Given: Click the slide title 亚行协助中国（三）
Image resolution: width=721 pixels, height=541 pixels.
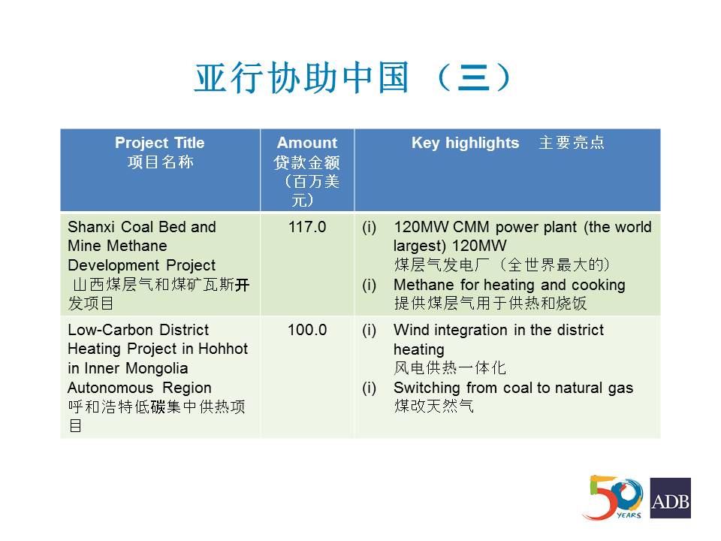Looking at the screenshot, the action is click(x=353, y=77).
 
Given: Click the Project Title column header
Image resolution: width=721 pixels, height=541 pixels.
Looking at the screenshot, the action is click(x=159, y=143).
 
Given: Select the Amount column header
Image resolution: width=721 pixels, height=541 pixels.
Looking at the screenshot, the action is click(x=307, y=143).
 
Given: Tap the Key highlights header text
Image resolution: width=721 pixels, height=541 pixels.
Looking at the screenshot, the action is click(x=466, y=143).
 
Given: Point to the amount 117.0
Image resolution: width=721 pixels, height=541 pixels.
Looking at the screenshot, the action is click(x=307, y=227).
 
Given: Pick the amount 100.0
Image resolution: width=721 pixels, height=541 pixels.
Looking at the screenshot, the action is click(x=307, y=330).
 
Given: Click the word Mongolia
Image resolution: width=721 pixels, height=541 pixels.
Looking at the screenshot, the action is click(x=157, y=368).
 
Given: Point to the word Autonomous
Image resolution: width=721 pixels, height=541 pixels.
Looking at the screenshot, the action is click(x=110, y=388).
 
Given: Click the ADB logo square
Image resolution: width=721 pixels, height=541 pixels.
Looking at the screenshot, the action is click(x=671, y=498).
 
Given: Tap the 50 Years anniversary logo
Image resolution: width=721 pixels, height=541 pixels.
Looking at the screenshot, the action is click(x=614, y=497).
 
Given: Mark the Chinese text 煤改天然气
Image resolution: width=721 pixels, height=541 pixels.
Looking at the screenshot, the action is click(x=433, y=407).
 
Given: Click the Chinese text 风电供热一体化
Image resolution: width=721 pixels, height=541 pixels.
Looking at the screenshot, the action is click(x=450, y=368).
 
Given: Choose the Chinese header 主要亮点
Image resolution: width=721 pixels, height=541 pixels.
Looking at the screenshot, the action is click(x=572, y=143).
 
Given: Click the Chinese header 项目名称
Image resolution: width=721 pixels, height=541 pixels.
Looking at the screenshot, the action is click(x=161, y=162).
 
